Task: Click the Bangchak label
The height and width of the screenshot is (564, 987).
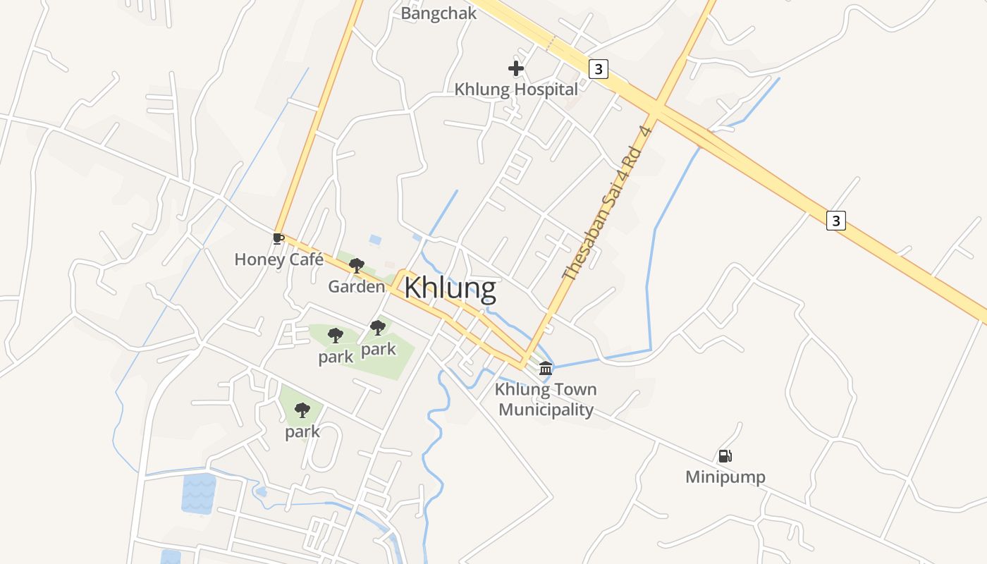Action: pyautogui.click(x=439, y=13)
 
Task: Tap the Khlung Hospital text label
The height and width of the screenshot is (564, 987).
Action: pyautogui.click(x=515, y=90)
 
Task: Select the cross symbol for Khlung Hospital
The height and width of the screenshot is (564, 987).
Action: pyautogui.click(x=516, y=68)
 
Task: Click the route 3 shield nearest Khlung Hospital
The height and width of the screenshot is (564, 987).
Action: pyautogui.click(x=598, y=68)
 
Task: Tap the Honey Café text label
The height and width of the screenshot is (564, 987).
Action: pyautogui.click(x=278, y=259)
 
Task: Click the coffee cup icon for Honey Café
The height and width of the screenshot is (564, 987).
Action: pyautogui.click(x=278, y=238)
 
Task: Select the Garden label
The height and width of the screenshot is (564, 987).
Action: pyautogui.click(x=357, y=287)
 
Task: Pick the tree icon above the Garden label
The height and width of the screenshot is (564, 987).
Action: pyautogui.click(x=357, y=266)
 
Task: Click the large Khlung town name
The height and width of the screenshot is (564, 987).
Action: pyautogui.click(x=450, y=288)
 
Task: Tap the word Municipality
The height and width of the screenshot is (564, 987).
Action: pyautogui.click(x=546, y=410)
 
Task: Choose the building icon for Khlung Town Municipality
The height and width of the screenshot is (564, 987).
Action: pyautogui.click(x=546, y=368)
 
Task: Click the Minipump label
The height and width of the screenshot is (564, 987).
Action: pyautogui.click(x=725, y=477)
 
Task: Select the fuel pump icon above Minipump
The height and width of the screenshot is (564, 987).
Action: pyautogui.click(x=725, y=456)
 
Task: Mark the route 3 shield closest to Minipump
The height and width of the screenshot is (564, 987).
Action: pyautogui.click(x=835, y=221)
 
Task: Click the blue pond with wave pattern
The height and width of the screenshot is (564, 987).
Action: pyautogui.click(x=198, y=493)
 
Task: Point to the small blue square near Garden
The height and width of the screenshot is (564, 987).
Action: pyautogui.click(x=375, y=240)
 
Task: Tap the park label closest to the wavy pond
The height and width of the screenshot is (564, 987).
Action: pyautogui.click(x=302, y=431)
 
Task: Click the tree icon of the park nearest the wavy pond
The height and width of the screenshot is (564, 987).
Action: pyautogui.click(x=302, y=410)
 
